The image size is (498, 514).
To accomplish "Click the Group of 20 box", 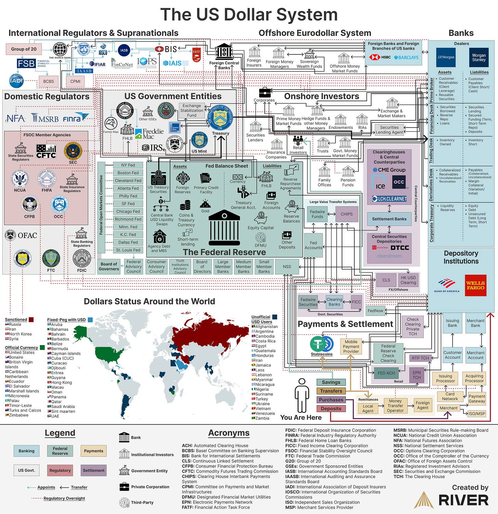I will pyautogui.click(x=24, y=49).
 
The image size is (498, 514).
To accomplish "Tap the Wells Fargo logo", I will pyautogui.click(x=475, y=286).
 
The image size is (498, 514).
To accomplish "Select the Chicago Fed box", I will pyautogui.click(x=128, y=211).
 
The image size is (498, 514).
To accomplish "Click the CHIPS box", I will pyautogui.click(x=346, y=214).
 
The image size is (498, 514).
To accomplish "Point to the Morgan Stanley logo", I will pyautogui.click(x=479, y=57).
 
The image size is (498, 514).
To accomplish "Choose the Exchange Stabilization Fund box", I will pyautogui.click(x=192, y=110).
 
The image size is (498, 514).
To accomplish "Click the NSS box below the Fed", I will pyautogui.click(x=287, y=267).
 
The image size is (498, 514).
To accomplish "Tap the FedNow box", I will pyautogui.click(x=375, y=311).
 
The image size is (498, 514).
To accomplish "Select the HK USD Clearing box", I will pyautogui.click(x=408, y=280).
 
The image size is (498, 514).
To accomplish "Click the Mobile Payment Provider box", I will pyautogui.click(x=351, y=346).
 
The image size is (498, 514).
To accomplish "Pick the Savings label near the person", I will pyautogui.click(x=331, y=382).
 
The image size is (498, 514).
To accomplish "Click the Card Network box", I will pyautogui.click(x=450, y=396).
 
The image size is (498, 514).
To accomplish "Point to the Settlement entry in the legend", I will pyautogui.click(x=93, y=471).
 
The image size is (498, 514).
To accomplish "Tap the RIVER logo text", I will pyautogui.click(x=463, y=501).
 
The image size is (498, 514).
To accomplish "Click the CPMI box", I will pyautogui.click(x=75, y=81).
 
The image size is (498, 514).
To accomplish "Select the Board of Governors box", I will pyautogui.click(x=109, y=266).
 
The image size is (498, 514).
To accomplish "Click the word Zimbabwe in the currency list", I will pyautogui.click(x=19, y=415).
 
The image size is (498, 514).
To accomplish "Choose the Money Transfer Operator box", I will pyautogui.click(x=395, y=406).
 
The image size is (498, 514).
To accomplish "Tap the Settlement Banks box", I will pyautogui.click(x=389, y=219).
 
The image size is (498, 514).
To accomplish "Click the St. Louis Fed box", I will pyautogui.click(x=128, y=250).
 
